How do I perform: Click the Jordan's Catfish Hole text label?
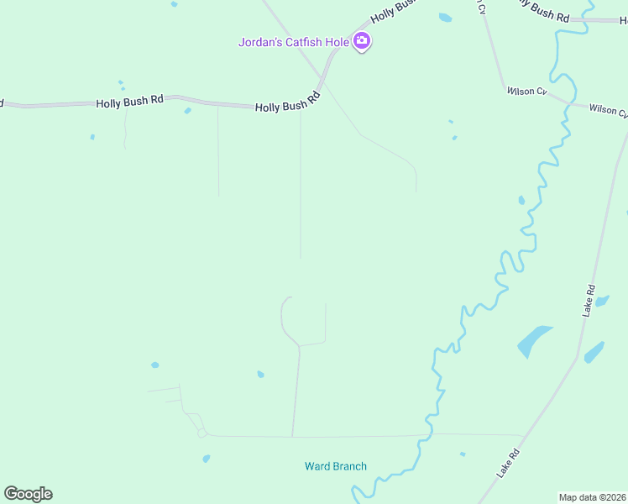pos(293,41)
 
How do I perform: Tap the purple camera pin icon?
pos(362,40)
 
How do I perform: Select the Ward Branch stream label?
pos(335,466)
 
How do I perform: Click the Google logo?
pos(28,494)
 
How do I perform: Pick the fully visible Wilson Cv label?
pos(526,91)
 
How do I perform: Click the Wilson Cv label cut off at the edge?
pos(608,109)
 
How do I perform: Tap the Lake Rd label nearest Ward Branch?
pos(509,464)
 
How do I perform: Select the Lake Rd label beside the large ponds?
pos(589,301)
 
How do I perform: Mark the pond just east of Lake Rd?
pos(594,351)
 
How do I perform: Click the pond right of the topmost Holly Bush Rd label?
pos(444,17)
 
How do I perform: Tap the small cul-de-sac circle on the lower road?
pos(201,433)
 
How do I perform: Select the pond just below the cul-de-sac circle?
pos(206,459)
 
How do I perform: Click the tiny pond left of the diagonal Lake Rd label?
pos(463,454)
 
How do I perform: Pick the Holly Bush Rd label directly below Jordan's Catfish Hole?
pos(289,103)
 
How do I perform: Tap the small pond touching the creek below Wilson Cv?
pos(521,200)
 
